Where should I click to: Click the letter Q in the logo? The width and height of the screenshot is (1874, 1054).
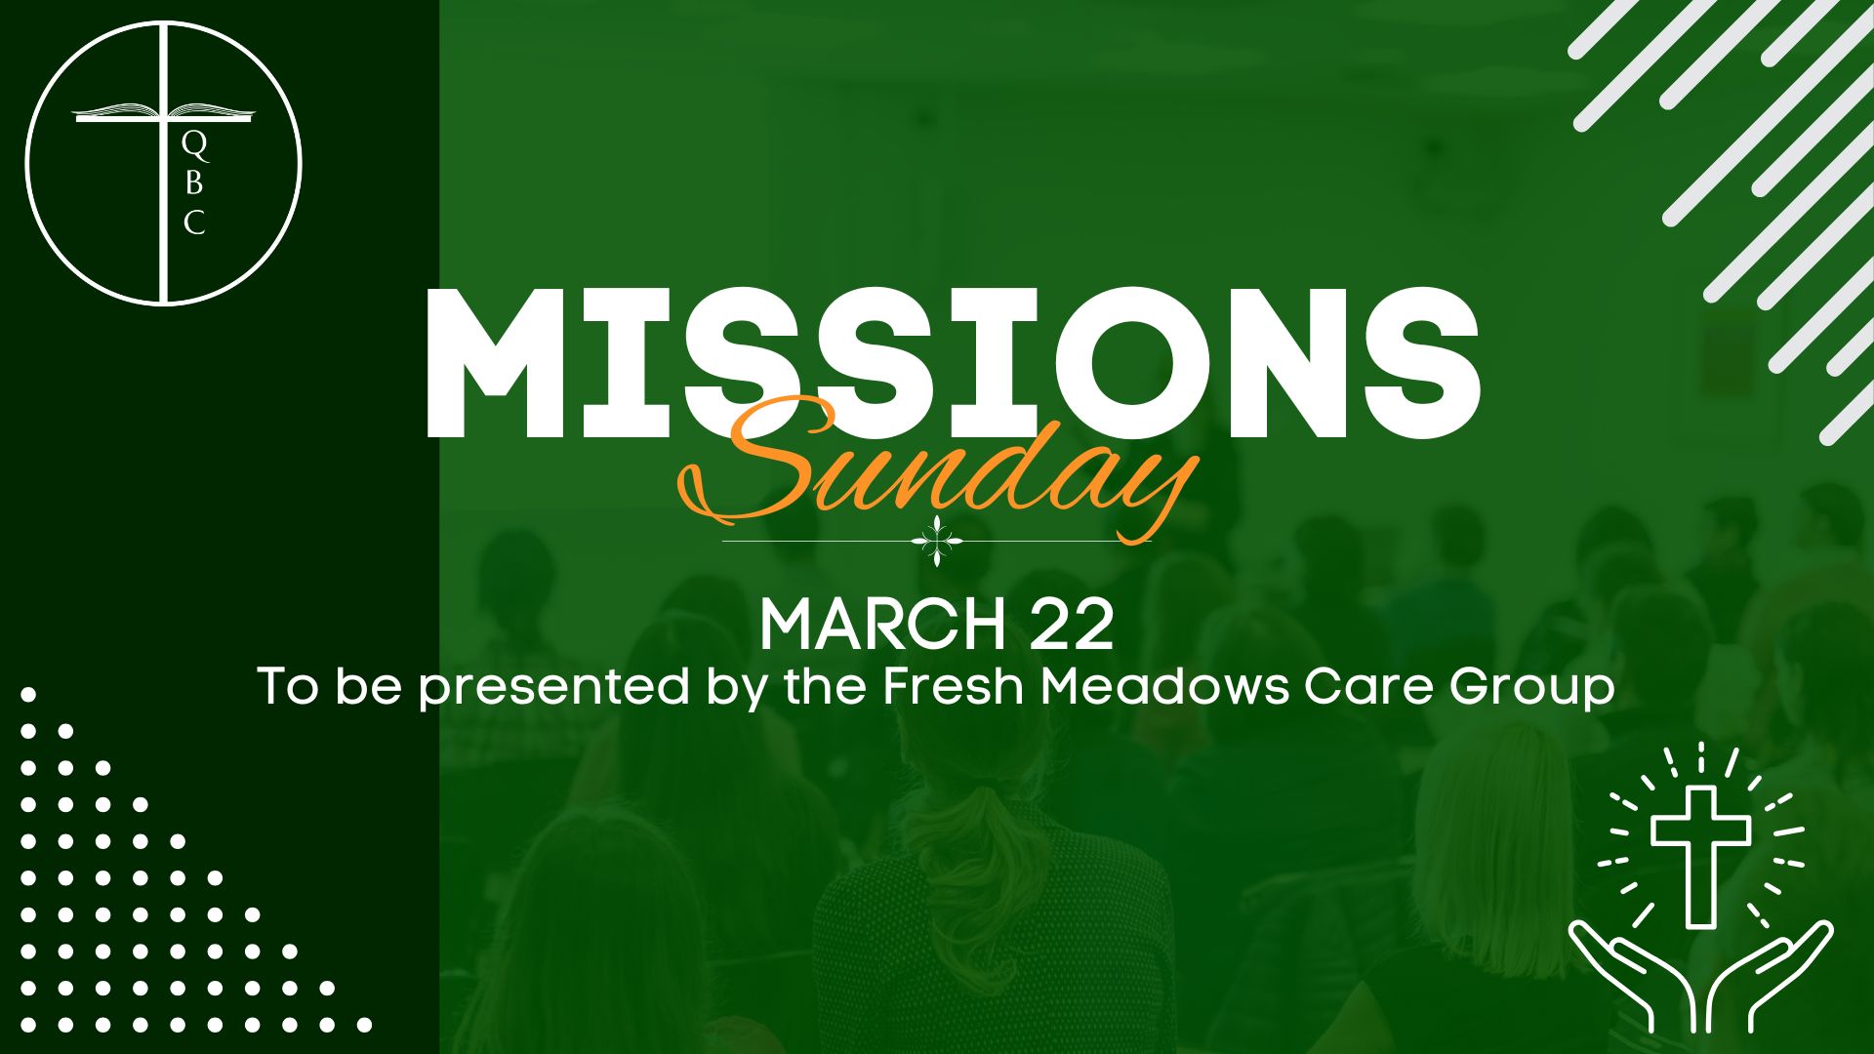pyautogui.click(x=195, y=146)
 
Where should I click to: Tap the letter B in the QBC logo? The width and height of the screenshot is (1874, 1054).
pyautogui.click(x=193, y=183)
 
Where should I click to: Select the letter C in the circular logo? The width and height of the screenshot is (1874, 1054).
pyautogui.click(x=194, y=223)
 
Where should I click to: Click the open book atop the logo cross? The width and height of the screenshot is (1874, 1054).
pyautogui.click(x=163, y=111)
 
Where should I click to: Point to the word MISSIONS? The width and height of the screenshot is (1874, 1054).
pyautogui.click(x=953, y=363)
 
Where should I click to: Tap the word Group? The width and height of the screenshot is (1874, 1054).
pyautogui.click(x=1531, y=688)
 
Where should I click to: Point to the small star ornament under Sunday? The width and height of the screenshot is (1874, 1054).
pyautogui.click(x=937, y=542)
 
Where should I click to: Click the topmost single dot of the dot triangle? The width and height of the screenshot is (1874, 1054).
pyautogui.click(x=28, y=695)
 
